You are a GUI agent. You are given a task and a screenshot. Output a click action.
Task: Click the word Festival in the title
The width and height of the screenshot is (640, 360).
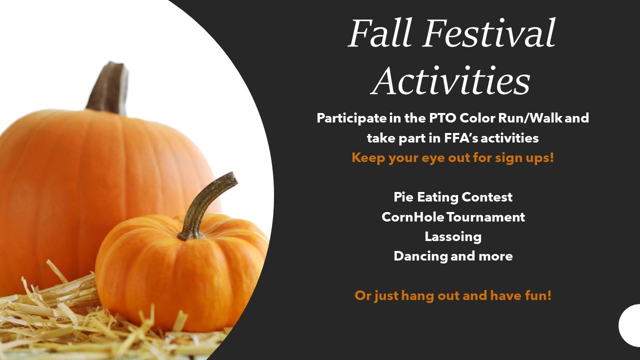489,32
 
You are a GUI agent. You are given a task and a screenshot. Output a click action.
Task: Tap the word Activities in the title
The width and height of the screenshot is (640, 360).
451,80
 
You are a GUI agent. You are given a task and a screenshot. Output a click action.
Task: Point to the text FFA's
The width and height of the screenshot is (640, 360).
460,138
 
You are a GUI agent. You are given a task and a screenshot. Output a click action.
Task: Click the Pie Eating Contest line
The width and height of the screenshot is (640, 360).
453,197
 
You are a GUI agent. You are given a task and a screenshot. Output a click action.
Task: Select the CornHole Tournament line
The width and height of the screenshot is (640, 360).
453,217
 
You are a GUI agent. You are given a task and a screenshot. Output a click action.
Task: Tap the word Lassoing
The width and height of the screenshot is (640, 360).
453,237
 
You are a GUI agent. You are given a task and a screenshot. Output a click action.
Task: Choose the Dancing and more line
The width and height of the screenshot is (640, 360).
453,256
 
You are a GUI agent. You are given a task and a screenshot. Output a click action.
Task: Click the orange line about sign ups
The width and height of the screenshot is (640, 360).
452,158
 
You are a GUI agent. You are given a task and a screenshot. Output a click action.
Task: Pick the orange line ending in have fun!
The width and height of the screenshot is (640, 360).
453,295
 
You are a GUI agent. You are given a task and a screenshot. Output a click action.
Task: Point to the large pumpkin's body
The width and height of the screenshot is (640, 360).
85,177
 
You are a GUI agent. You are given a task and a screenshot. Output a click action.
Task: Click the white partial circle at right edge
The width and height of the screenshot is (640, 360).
630,325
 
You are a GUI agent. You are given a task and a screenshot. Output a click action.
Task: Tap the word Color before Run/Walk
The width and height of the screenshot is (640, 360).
477,118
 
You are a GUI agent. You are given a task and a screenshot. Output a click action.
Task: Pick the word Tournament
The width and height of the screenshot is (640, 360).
485,217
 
